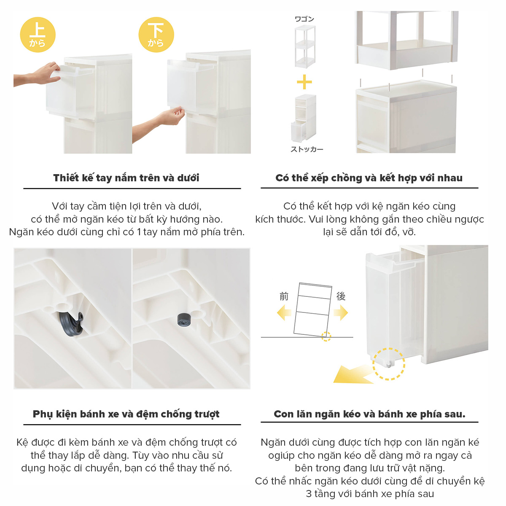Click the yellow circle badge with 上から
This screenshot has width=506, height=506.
38,35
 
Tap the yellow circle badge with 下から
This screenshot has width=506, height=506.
156,35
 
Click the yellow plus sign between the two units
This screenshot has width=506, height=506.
304,82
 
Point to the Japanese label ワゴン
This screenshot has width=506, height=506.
304,19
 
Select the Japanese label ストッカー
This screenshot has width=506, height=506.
307,149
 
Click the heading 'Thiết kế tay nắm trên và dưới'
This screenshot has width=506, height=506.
126,178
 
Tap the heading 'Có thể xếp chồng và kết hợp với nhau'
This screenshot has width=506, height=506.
369,178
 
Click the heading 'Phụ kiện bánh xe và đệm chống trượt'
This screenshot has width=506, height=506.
126,414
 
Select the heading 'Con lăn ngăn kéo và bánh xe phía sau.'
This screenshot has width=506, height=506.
369,414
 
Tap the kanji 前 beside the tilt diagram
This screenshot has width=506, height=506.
284,296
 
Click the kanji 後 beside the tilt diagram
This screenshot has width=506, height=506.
341,296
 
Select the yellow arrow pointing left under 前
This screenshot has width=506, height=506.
284,313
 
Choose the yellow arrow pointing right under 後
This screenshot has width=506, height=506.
341,313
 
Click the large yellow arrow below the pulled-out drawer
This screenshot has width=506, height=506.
353,374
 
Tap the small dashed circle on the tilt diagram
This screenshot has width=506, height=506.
326,336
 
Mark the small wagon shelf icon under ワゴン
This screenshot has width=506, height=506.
305,46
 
